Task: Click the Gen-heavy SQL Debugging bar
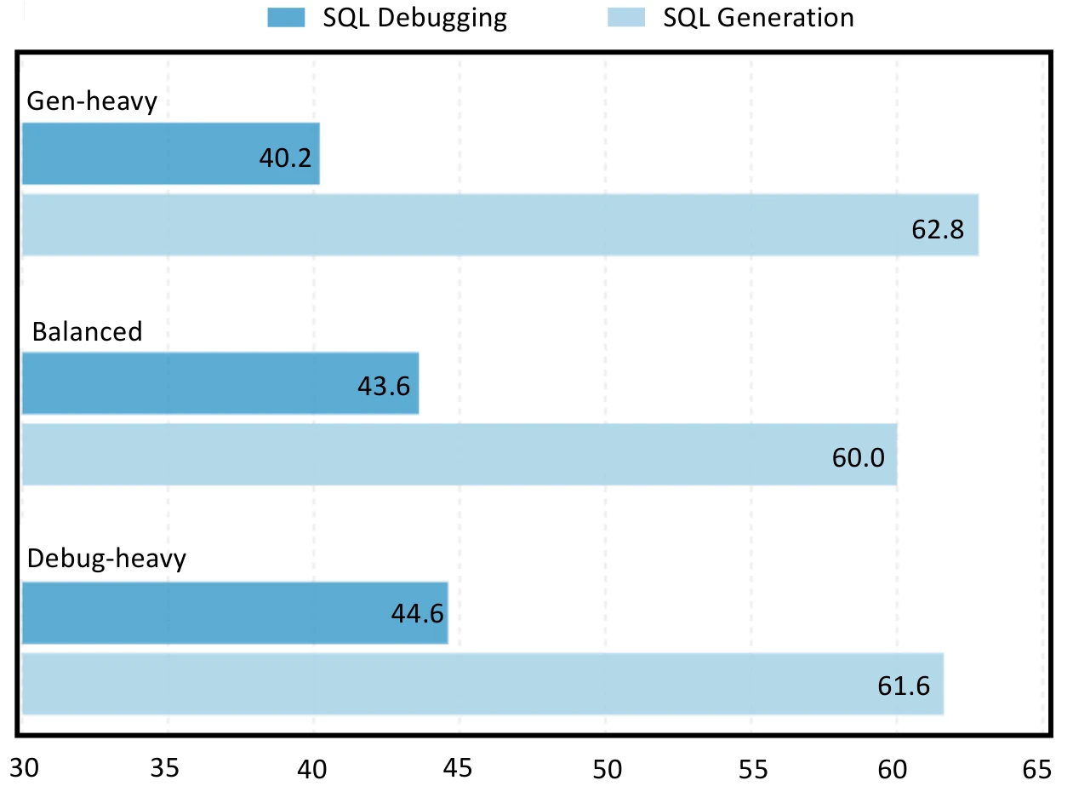tap(171, 153)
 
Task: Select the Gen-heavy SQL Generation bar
tap(500, 225)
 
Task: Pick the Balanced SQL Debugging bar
tap(220, 383)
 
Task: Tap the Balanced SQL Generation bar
tap(459, 455)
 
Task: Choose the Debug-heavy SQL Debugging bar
tap(235, 612)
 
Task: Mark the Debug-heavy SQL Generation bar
tap(482, 684)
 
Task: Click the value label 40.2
tap(286, 158)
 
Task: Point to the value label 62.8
tap(938, 229)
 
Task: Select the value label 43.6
tap(384, 387)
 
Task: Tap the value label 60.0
tap(859, 458)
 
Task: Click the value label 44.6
tap(417, 614)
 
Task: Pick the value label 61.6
tap(904, 686)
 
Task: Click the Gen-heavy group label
tap(92, 101)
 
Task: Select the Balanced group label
tap(87, 331)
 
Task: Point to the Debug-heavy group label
tap(106, 559)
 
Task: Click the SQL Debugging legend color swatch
tap(286, 18)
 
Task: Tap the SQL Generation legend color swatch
tap(626, 18)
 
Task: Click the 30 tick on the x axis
tap(24, 768)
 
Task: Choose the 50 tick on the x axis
tap(608, 770)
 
